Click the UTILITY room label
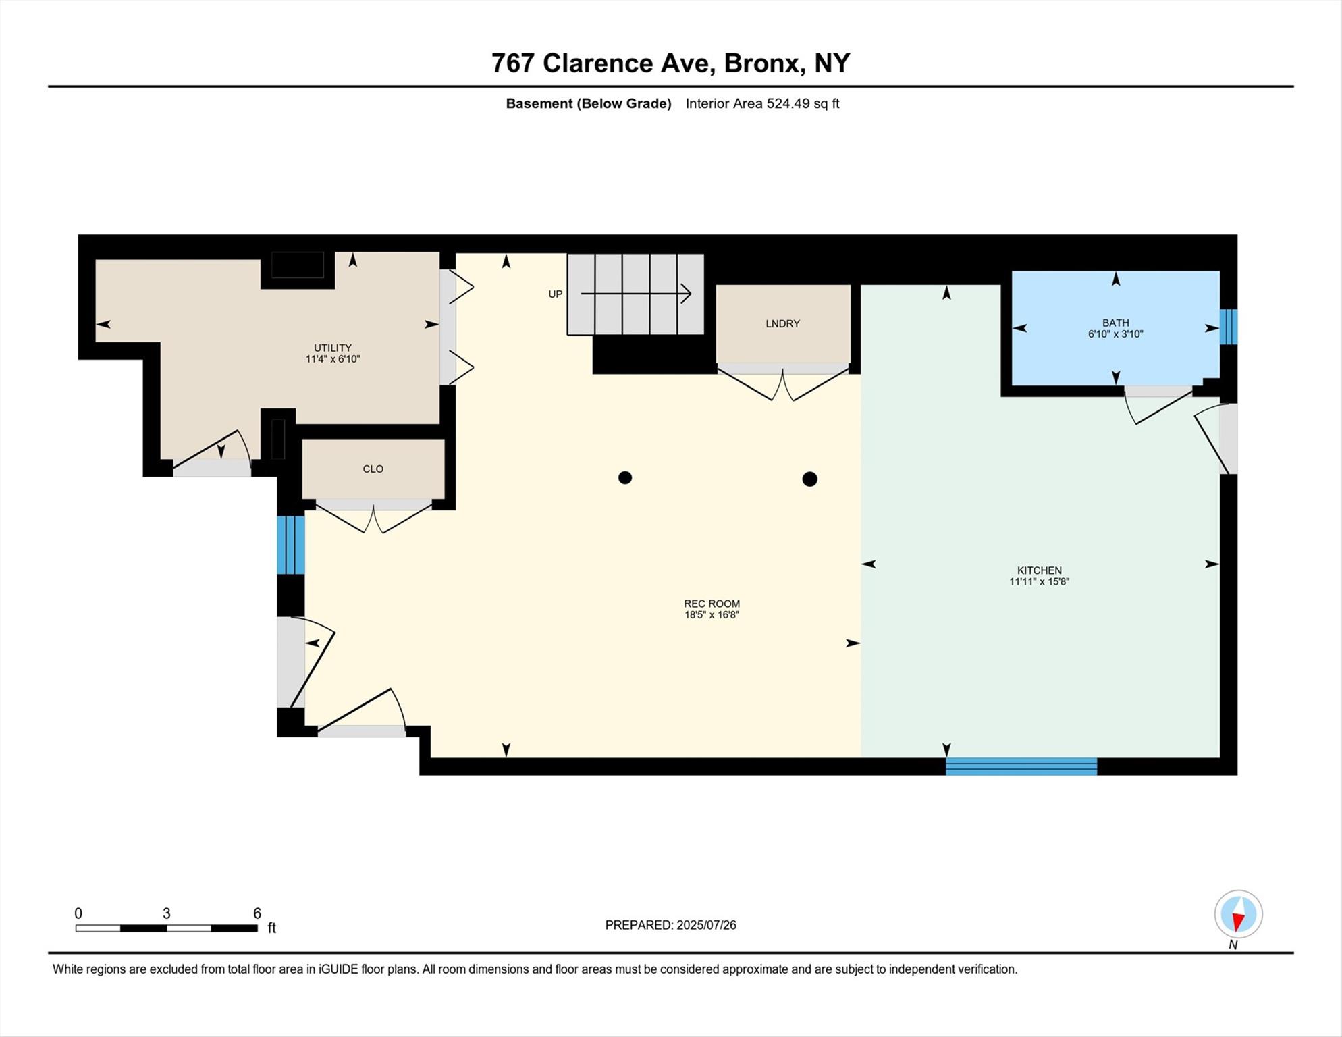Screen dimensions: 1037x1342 tap(332, 348)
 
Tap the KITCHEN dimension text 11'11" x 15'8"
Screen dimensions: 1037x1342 tap(1039, 581)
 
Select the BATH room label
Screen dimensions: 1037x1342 tap(1115, 323)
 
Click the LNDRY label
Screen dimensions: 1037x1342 tap(782, 323)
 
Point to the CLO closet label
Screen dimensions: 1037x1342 tap(373, 469)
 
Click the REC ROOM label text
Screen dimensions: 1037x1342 tap(712, 604)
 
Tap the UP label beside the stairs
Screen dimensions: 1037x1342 tap(555, 294)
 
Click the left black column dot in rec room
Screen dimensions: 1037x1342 tap(625, 478)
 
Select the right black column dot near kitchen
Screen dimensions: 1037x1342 tap(809, 479)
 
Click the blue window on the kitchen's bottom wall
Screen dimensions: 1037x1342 tap(1021, 766)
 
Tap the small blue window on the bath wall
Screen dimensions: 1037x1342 tap(1229, 327)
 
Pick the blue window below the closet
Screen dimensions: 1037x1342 tap(291, 545)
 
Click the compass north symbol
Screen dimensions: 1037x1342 tap(1238, 915)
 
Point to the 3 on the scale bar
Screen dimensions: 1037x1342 tap(166, 913)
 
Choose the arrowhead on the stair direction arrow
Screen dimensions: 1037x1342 tap(687, 294)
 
